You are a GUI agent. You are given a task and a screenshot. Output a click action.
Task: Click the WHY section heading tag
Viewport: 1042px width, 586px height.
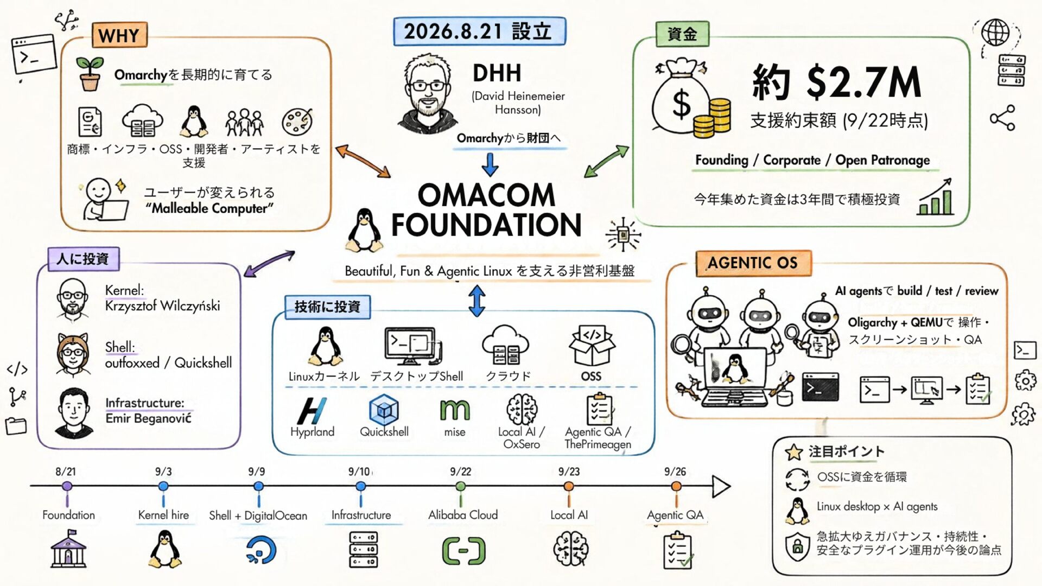[x=119, y=35]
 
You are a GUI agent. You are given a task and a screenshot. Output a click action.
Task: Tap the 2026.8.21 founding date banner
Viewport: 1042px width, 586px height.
[x=479, y=31]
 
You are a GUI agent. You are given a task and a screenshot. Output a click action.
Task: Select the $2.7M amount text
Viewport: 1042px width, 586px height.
[x=863, y=82]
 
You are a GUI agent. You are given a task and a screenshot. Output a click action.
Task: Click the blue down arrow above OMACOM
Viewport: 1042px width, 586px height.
[x=490, y=165]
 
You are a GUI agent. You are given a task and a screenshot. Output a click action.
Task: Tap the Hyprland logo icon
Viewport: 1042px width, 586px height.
[x=312, y=411]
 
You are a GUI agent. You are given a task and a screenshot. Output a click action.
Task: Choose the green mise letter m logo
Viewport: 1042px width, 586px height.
[x=455, y=411]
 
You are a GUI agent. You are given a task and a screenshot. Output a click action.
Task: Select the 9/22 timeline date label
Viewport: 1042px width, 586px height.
[x=460, y=472]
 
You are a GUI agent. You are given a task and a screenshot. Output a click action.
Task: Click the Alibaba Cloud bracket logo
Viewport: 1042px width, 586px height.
[x=463, y=551]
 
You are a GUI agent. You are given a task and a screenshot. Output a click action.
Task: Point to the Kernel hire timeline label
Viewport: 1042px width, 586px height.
[x=163, y=515]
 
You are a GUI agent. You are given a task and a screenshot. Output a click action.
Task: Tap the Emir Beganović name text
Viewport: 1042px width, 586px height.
[x=148, y=418]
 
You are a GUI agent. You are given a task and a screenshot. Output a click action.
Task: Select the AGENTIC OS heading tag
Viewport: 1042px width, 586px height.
[x=753, y=263]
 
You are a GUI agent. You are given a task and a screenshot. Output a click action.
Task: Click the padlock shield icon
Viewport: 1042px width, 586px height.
[x=797, y=546]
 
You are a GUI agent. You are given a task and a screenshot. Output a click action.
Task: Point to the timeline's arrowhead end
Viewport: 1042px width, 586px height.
[x=730, y=486]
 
